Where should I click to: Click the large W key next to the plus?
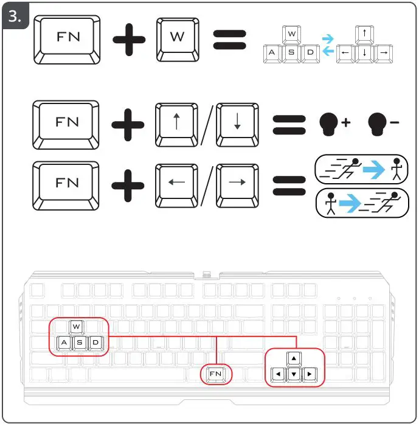pos(177,37)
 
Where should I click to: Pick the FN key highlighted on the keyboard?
pos(216,372)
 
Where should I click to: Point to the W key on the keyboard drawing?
pos(76,327)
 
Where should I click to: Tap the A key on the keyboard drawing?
pos(63,343)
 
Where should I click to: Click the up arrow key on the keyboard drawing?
pos(294,358)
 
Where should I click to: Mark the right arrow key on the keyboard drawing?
pos(310,372)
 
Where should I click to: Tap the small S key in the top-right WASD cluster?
pos(291,52)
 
